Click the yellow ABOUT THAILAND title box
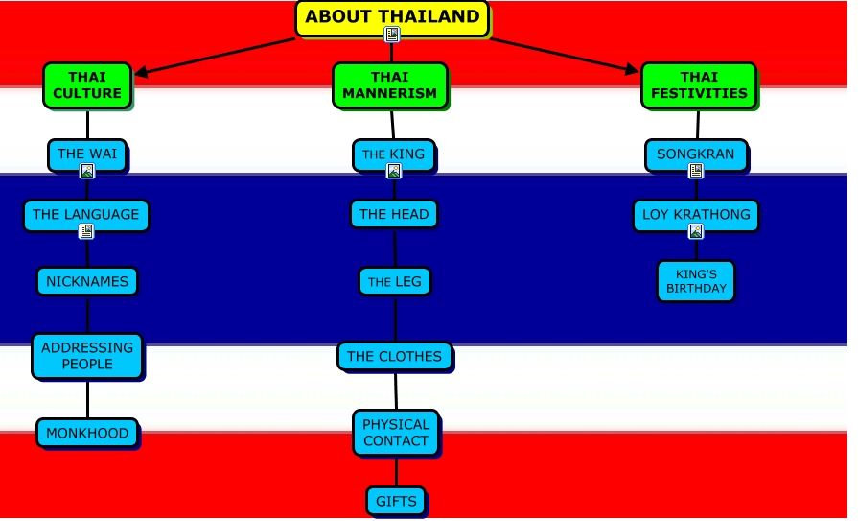392,18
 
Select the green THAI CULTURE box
87,85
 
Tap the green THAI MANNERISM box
390,85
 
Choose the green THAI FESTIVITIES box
699,85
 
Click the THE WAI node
87,155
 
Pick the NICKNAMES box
87,281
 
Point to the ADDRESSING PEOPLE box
87,356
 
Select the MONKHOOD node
87,434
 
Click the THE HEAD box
394,214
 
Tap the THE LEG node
395,281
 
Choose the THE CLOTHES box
395,357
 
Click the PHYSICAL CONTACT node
396,433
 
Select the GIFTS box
396,501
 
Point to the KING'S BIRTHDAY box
696,281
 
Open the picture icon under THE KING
393,172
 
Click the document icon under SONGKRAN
696,171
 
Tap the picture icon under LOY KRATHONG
696,232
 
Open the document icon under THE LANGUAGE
86,232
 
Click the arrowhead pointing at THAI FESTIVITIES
632,70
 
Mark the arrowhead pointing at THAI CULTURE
141,72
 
